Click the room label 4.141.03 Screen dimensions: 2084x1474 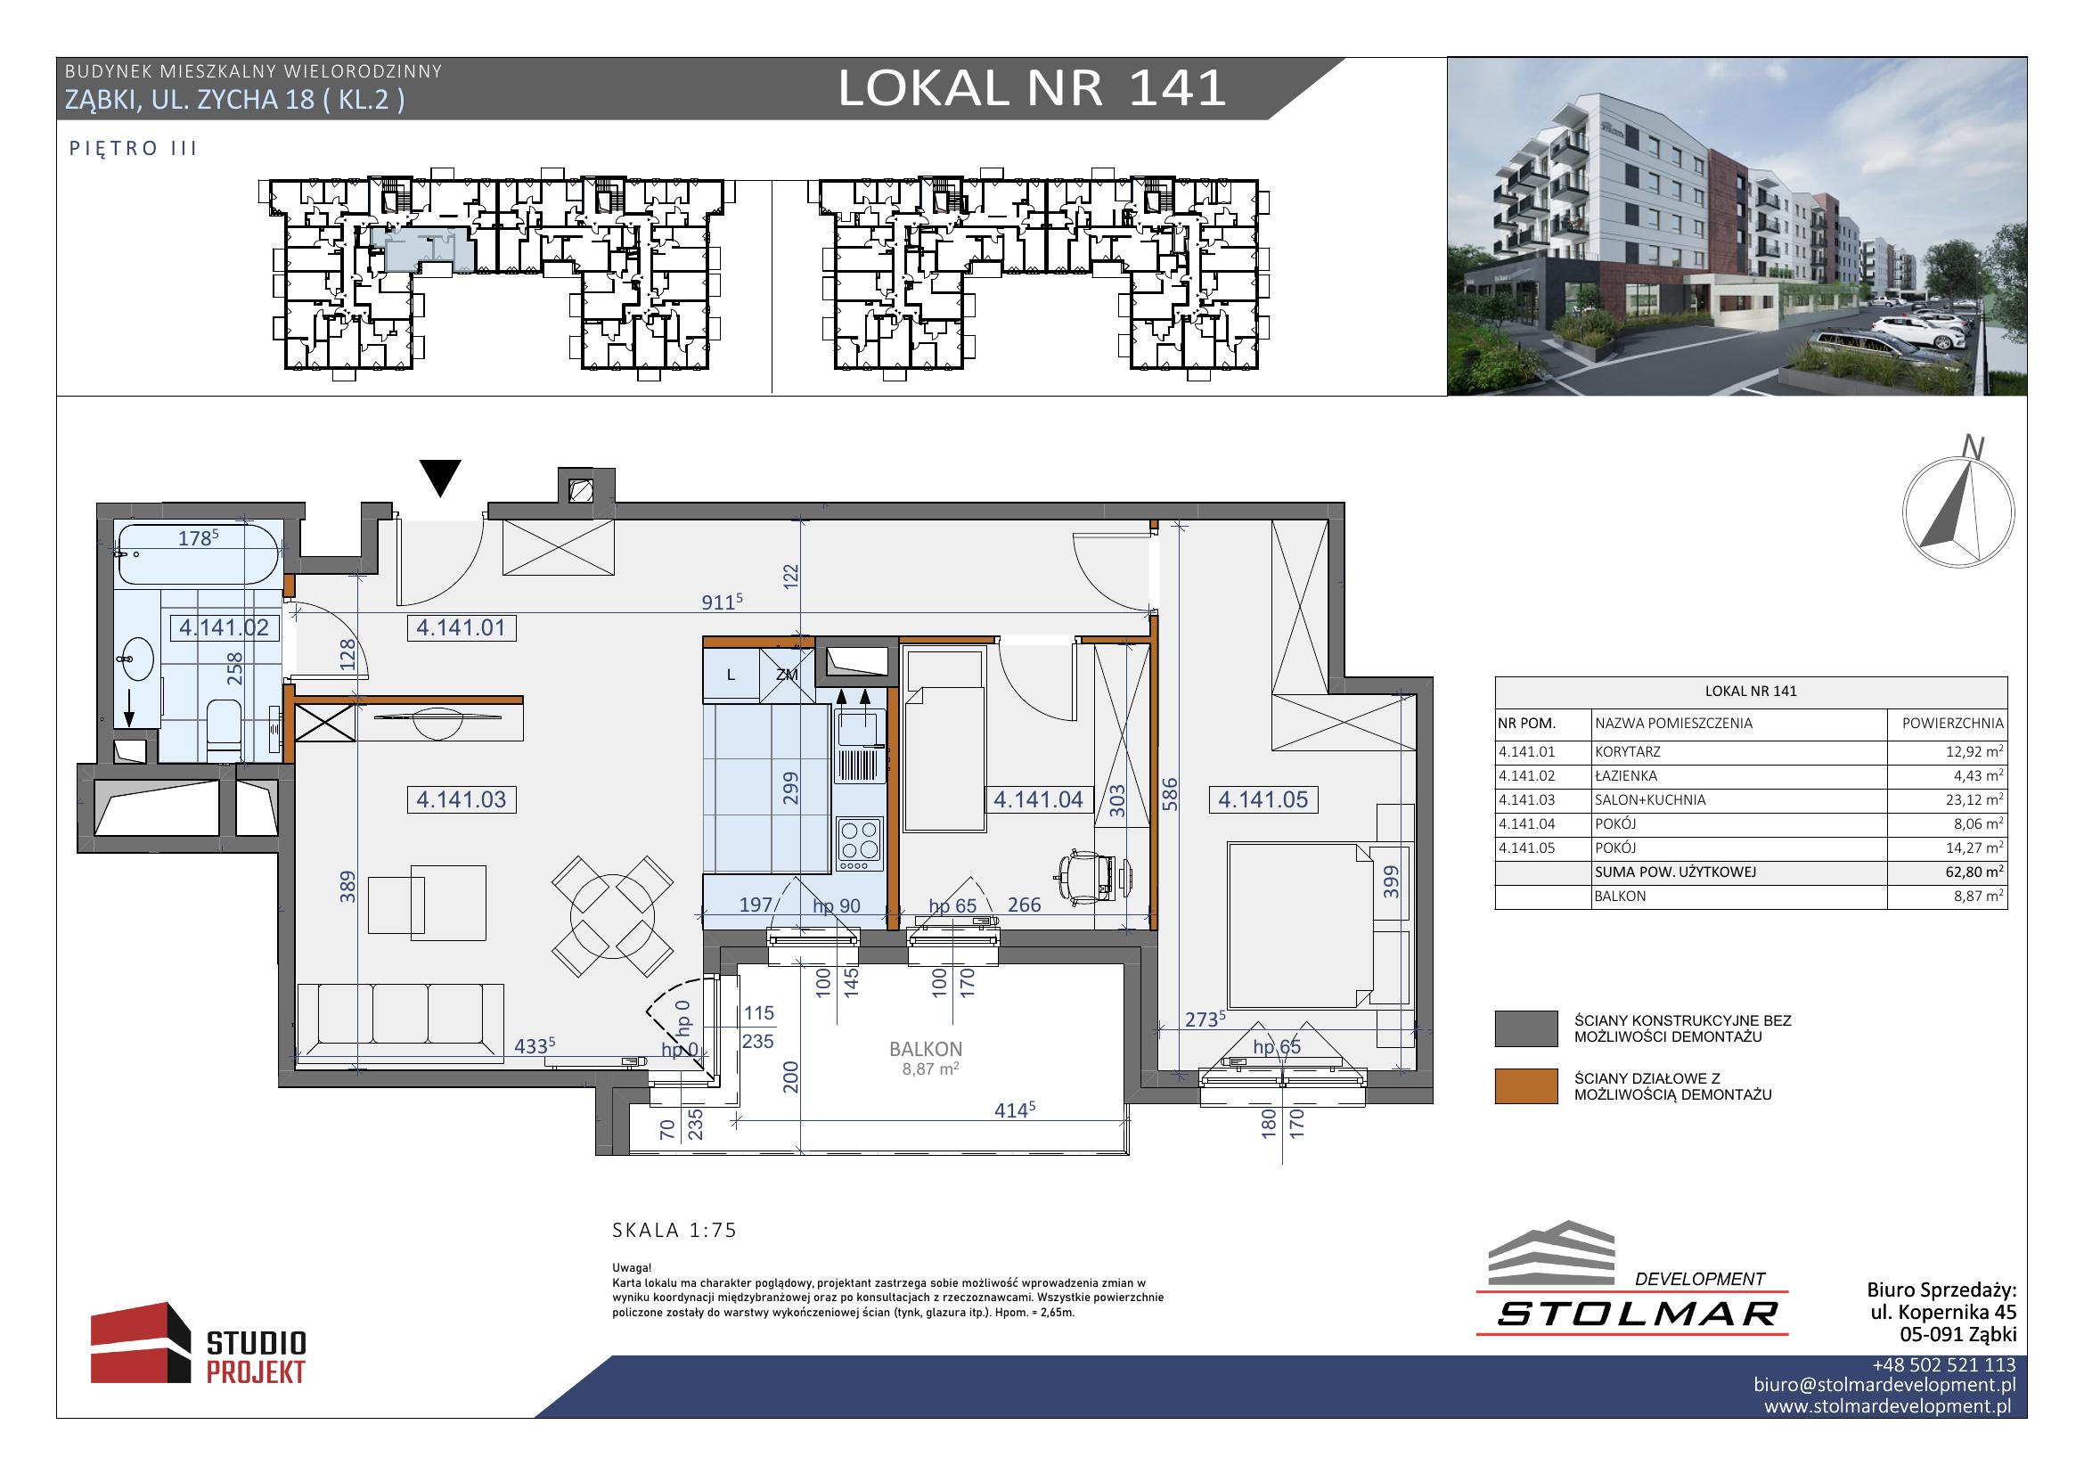pos(462,799)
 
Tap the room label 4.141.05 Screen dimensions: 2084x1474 pos(1263,799)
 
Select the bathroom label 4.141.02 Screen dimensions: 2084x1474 pos(225,627)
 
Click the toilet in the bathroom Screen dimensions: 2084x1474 pos(224,731)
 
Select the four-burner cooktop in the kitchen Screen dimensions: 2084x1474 pos(859,839)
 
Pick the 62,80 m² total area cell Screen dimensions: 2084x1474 pos(1948,872)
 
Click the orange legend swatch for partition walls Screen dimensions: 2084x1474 pos(1524,1086)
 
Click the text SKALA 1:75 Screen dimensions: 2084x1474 pos(674,1230)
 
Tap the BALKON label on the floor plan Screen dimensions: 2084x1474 pos(925,1049)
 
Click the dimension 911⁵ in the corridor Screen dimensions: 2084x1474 pos(723,602)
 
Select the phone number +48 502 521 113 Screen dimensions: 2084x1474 pos(1943,1365)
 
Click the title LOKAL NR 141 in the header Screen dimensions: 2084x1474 pos(1031,89)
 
